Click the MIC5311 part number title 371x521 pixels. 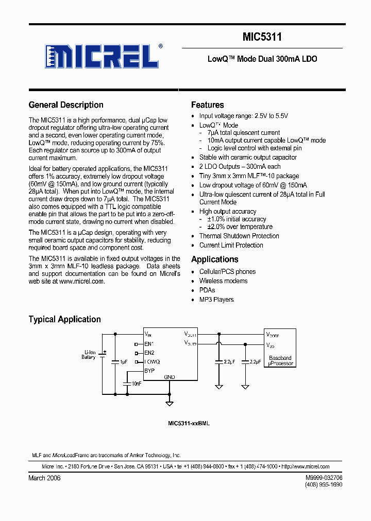click(x=262, y=37)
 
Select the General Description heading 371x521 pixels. click(x=66, y=105)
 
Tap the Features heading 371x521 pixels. click(x=207, y=105)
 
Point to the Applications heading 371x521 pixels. click(x=214, y=259)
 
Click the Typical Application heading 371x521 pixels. click(x=64, y=319)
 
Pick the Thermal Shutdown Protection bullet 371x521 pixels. click(x=239, y=236)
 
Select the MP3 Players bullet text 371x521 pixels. click(x=216, y=300)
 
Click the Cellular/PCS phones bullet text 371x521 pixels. click(x=227, y=272)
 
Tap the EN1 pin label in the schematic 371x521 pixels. click(x=149, y=343)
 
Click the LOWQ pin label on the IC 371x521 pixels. click(x=152, y=362)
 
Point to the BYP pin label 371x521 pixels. click(x=149, y=371)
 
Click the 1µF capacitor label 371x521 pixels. click(x=123, y=362)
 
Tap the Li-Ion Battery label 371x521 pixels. click(x=89, y=355)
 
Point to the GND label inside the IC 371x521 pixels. click(x=170, y=377)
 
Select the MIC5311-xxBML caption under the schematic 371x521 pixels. click(x=189, y=423)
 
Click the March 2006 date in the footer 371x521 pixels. click(x=44, y=478)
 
